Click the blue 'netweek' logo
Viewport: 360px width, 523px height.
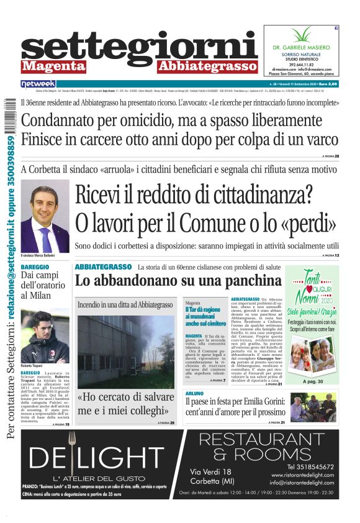pos(38,83)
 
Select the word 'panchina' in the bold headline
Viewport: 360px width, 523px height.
pos(248,281)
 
